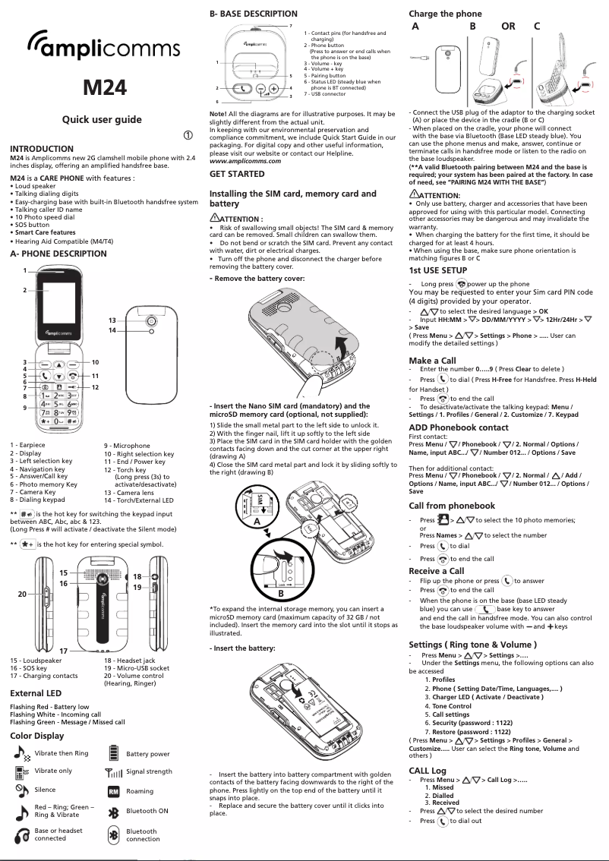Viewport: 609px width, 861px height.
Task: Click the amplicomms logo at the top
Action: click(103, 50)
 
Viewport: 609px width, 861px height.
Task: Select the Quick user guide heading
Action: click(102, 120)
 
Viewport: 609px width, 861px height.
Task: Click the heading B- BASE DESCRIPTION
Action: click(253, 14)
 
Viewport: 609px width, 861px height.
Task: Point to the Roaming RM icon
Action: click(114, 792)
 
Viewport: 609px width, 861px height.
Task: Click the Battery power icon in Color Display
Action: click(114, 753)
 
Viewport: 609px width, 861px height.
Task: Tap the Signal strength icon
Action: click(114, 772)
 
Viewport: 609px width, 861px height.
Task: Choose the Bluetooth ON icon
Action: click(114, 812)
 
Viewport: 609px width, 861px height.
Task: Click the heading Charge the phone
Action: click(445, 14)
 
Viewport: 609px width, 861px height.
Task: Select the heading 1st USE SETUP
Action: click(437, 270)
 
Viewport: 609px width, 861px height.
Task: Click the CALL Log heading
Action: click(428, 771)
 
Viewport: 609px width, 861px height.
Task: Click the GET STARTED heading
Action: click(237, 174)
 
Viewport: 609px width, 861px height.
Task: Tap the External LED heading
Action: click(36, 693)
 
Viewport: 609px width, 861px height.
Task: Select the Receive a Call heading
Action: click(437, 570)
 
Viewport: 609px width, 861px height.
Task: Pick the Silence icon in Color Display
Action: click(22, 790)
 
